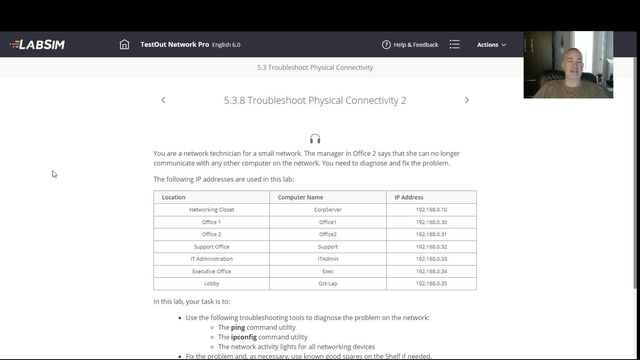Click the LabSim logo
[38, 45]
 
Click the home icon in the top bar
[124, 45]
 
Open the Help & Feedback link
[410, 45]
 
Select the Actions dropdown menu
[491, 45]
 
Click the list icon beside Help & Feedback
[455, 45]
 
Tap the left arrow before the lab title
[163, 100]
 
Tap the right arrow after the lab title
[467, 100]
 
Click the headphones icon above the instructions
[315, 139]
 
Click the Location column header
[174, 197]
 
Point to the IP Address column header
[411, 197]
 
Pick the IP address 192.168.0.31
[431, 234]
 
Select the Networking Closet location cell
[211, 210]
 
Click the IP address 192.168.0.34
[431, 271]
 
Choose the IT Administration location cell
[211, 259]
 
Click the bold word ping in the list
[238, 328]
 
